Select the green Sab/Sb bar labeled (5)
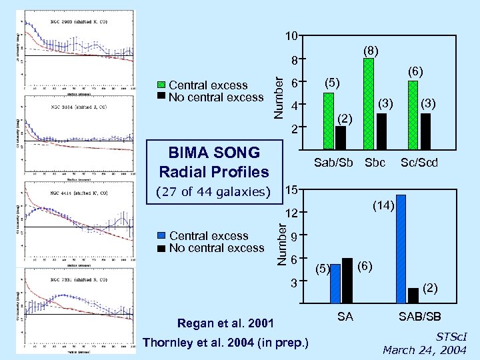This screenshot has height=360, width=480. (x=328, y=121)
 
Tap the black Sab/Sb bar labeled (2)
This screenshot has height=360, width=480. (x=341, y=137)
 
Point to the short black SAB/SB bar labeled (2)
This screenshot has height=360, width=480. (x=413, y=295)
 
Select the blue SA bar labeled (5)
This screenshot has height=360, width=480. (x=335, y=283)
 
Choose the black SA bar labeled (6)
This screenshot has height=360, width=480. (x=347, y=280)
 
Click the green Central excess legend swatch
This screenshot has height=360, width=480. (x=161, y=85)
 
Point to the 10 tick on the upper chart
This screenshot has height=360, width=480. (x=291, y=35)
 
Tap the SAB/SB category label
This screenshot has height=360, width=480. (x=419, y=317)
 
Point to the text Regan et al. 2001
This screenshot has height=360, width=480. (x=225, y=324)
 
